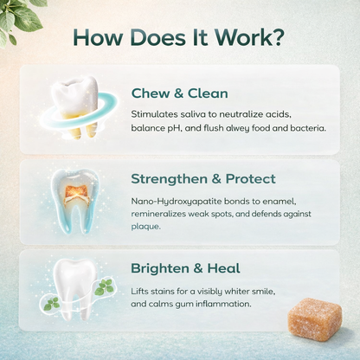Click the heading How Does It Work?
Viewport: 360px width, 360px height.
[180, 38]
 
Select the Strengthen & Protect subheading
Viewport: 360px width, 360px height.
[203, 179]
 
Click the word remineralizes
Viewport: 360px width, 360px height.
[162, 215]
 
